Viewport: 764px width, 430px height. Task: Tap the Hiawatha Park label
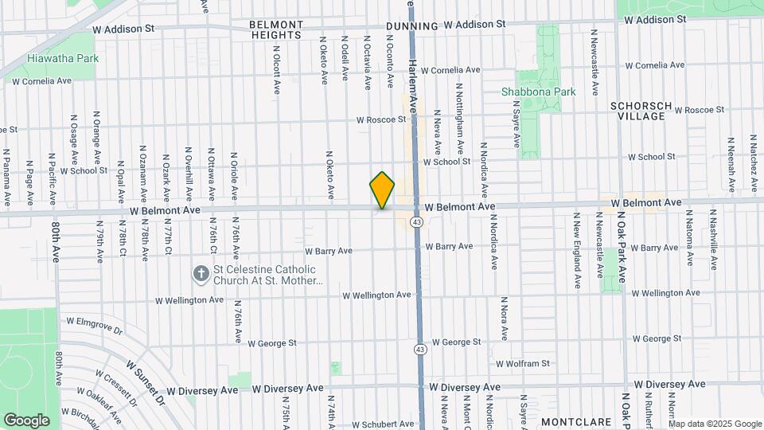[x=62, y=58]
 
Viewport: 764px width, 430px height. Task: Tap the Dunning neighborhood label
[x=411, y=26]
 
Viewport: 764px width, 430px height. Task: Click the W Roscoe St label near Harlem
[x=380, y=120]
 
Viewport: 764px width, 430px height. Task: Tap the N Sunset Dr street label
[x=146, y=380]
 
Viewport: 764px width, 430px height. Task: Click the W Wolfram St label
[x=523, y=364]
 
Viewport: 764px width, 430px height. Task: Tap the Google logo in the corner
[x=26, y=420]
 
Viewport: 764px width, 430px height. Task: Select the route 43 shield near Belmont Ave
[x=417, y=221]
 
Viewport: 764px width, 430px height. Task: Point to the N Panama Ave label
[x=6, y=176]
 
